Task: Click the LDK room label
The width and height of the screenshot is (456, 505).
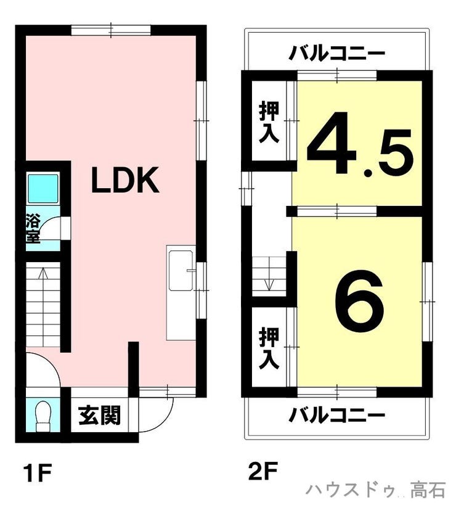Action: [x=126, y=179]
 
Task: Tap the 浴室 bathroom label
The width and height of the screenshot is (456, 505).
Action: [x=33, y=228]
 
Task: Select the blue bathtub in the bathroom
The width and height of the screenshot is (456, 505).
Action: [x=43, y=189]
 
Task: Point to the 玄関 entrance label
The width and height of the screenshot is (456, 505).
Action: [x=99, y=415]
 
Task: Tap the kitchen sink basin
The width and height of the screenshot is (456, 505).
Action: [x=180, y=271]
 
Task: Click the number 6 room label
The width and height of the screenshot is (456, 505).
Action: [x=359, y=302]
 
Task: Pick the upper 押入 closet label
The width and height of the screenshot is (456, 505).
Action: [x=269, y=121]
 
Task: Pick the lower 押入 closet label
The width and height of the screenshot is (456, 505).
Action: [x=269, y=348]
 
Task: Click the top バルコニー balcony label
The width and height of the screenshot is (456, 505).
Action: [x=336, y=53]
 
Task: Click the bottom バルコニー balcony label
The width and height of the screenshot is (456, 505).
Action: [x=336, y=415]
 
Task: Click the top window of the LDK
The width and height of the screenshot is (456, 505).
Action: [x=111, y=30]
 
